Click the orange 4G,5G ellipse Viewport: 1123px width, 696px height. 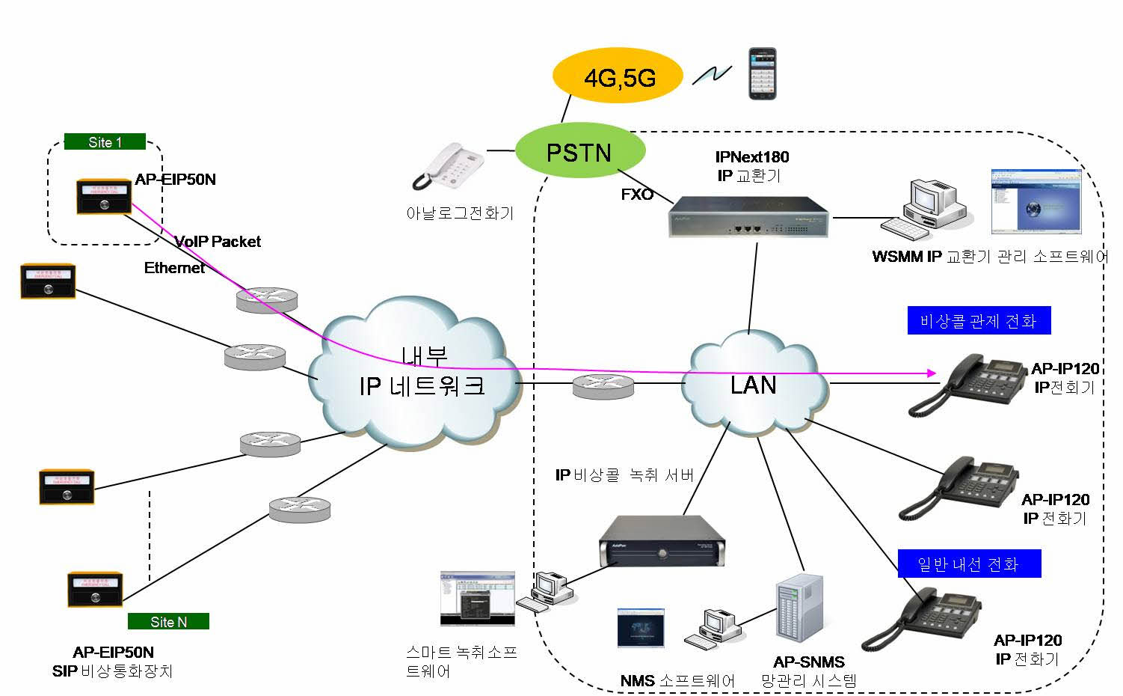click(x=618, y=76)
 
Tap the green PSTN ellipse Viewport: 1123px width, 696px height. click(x=579, y=152)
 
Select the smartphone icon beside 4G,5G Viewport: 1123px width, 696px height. click(x=763, y=73)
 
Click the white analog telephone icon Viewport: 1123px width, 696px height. click(x=449, y=166)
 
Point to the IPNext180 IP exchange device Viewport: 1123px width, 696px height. click(x=748, y=217)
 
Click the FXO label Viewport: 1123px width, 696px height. click(x=637, y=195)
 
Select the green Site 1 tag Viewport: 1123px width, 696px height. click(x=105, y=142)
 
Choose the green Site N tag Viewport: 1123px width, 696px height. click(x=168, y=621)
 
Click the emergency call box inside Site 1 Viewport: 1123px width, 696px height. click(x=104, y=196)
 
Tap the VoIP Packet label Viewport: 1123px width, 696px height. click(x=218, y=242)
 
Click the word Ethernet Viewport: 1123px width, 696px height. click(x=174, y=268)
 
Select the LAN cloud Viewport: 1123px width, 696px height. click(x=754, y=385)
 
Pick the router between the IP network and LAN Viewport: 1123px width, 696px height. click(x=603, y=385)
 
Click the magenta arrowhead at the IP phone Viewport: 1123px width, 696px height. click(x=931, y=373)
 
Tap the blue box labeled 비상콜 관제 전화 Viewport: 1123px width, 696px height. click(x=978, y=321)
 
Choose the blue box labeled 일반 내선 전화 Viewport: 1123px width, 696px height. click(x=968, y=564)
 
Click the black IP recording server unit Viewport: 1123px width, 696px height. click(x=662, y=542)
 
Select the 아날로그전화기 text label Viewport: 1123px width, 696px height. click(x=460, y=213)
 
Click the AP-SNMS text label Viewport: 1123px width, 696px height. click(x=809, y=662)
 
